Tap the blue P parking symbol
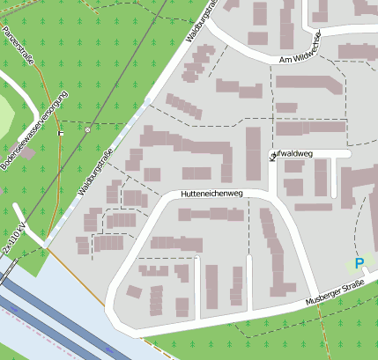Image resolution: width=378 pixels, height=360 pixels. (x=359, y=262)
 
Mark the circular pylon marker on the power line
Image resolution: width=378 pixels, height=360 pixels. (x=87, y=129)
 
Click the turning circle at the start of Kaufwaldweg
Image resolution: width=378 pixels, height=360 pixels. (x=272, y=156)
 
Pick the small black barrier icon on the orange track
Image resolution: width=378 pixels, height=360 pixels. (x=60, y=132)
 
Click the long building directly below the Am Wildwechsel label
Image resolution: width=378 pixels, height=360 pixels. (x=308, y=84)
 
